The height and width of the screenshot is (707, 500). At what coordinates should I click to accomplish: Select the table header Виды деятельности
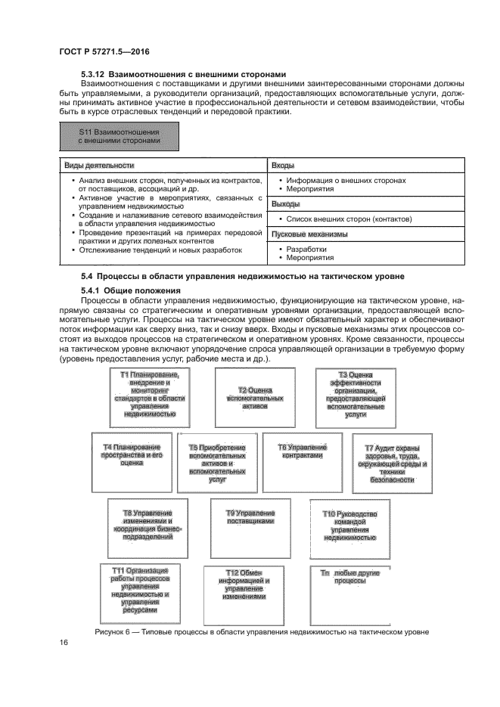pos(99,165)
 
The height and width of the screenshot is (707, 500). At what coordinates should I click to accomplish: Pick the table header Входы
pos(283,165)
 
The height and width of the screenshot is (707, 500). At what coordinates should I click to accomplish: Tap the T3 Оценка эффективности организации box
pos(355,395)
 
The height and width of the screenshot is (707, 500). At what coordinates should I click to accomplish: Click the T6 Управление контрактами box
pos(301,457)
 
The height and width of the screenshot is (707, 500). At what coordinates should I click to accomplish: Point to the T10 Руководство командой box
pos(351,526)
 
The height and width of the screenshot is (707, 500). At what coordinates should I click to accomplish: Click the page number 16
pos(64,642)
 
